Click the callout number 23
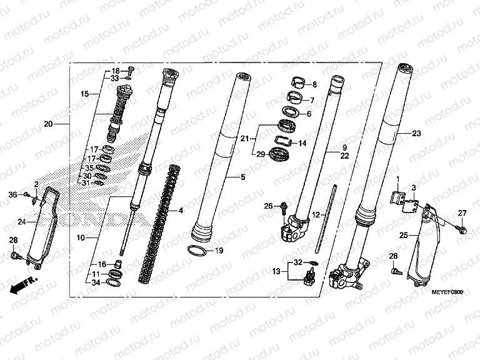tap(417, 133)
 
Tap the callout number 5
tap(243, 177)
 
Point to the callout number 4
tap(181, 211)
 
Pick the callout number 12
tap(316, 215)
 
